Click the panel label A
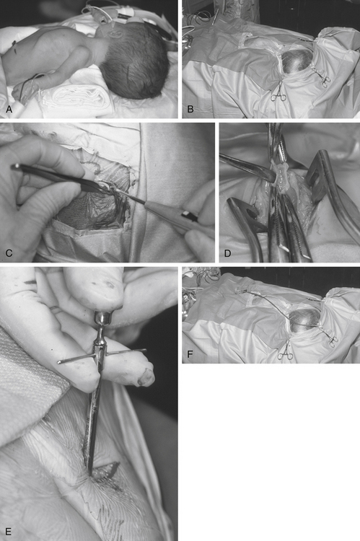click(x=9, y=110)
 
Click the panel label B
click(x=190, y=110)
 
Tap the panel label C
click(x=9, y=253)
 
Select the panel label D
click(x=227, y=254)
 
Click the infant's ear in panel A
click(x=117, y=35)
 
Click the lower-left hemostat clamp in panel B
click(x=280, y=92)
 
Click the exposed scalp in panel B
click(x=297, y=61)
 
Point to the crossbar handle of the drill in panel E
click(x=102, y=356)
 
